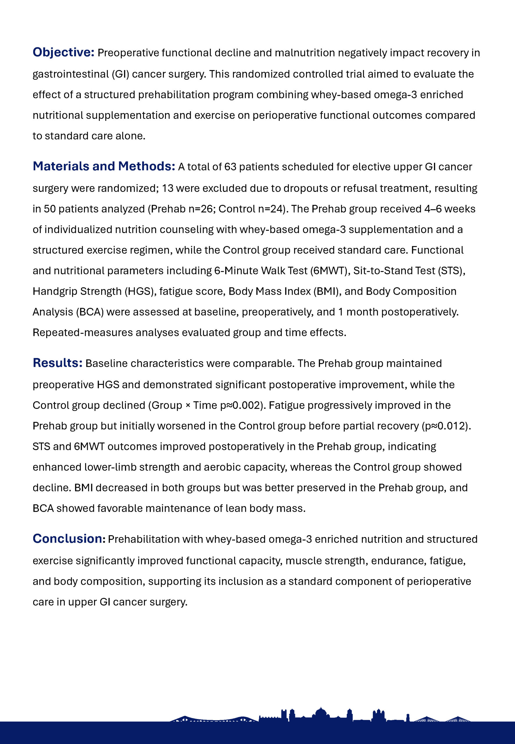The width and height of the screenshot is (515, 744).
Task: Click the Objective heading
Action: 63,52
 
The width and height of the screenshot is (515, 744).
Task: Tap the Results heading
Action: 58,363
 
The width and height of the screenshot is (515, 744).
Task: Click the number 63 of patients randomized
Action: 230,167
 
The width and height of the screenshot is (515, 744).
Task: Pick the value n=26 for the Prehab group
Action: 200,209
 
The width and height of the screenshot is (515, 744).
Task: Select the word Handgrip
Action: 55,291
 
